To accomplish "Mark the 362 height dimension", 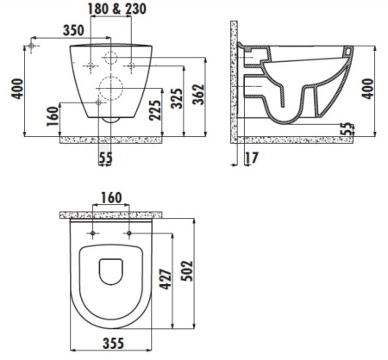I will point(199,95).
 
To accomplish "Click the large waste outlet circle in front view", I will point(110,85).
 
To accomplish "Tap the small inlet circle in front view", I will point(110,58).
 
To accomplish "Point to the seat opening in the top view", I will point(110,272).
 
